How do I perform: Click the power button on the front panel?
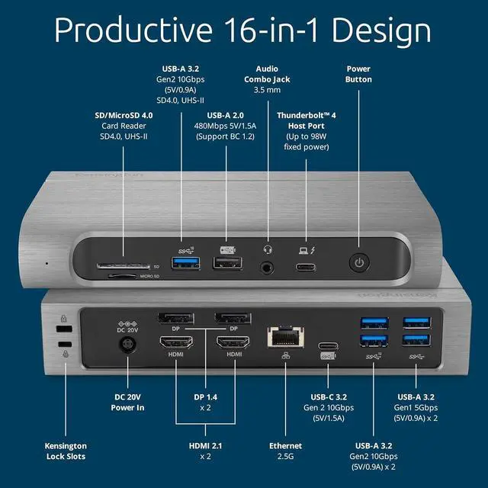point(359,264)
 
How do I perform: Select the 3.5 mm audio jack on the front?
point(268,267)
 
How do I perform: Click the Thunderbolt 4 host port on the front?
point(306,267)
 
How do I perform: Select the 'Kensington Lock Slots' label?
point(65,451)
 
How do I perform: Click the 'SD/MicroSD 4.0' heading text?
point(124,115)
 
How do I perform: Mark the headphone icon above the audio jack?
point(268,248)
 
